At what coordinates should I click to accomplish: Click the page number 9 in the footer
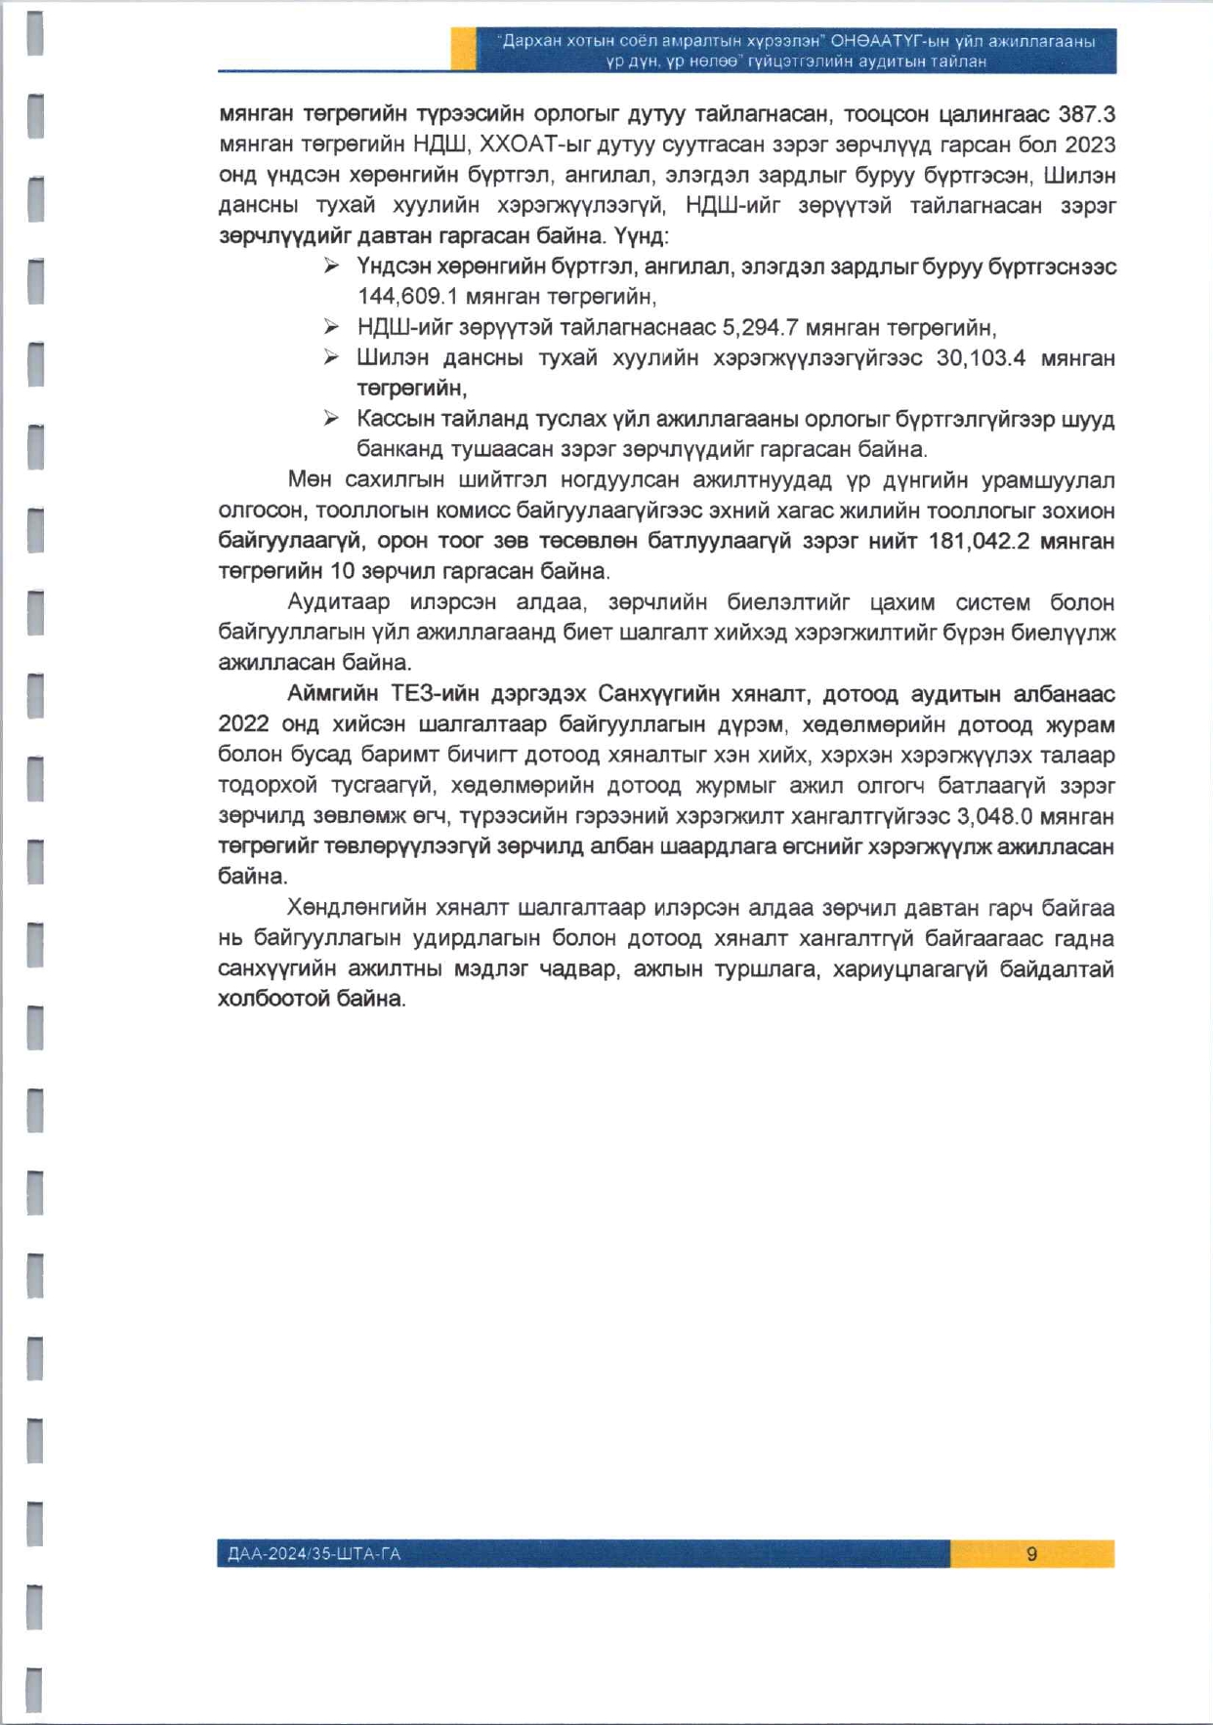point(1031,1554)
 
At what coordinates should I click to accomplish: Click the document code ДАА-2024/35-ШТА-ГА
point(314,1554)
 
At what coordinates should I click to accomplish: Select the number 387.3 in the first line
point(1086,114)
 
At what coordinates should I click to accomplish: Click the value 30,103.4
point(981,358)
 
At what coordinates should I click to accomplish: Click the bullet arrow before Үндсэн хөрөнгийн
point(332,266)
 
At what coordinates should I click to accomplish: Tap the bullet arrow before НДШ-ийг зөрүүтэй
point(332,327)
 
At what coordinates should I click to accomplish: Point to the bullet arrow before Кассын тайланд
point(332,419)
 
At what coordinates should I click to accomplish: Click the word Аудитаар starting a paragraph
point(338,602)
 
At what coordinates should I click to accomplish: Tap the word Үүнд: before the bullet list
point(641,236)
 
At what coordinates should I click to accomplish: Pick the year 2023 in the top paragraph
point(1090,144)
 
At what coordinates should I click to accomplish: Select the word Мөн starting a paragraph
point(309,480)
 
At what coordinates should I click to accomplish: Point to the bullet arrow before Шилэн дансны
point(332,358)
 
